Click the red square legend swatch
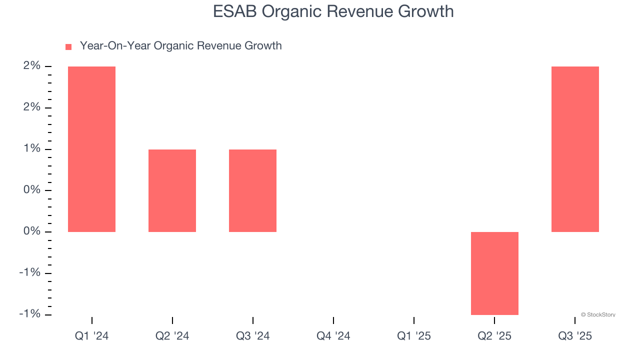[x=68, y=46]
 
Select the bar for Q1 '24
[x=91, y=149]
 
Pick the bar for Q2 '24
[x=172, y=190]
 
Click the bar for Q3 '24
[x=252, y=190]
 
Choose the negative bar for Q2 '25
[x=494, y=273]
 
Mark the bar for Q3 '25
[x=575, y=149]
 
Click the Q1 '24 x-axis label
[x=91, y=336]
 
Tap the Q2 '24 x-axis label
[x=172, y=336]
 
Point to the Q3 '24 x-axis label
[x=252, y=336]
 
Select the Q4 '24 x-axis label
[x=333, y=336]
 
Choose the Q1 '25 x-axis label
[x=413, y=336]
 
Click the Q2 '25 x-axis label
[x=494, y=336]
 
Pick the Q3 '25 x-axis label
[x=575, y=336]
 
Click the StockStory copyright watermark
[x=598, y=315]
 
